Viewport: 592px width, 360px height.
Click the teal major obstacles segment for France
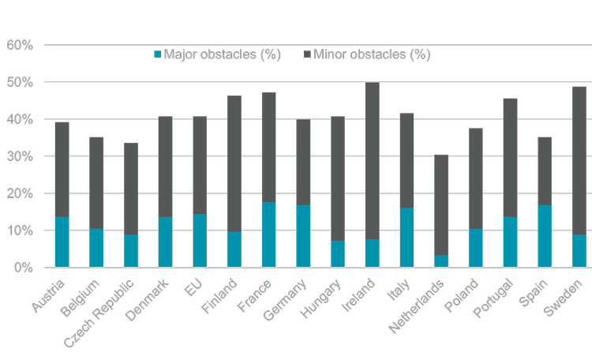(268, 235)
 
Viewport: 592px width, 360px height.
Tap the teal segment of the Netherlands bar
(441, 261)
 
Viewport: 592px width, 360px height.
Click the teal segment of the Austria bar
(62, 242)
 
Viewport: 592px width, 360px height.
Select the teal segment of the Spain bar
(545, 236)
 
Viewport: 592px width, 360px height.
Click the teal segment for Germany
(303, 236)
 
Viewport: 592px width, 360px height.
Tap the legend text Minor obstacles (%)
(372, 54)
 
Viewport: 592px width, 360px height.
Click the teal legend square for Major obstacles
(157, 54)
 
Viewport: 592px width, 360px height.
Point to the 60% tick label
(20, 46)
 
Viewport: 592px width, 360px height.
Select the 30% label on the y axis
(20, 157)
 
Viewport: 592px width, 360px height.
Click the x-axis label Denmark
(155, 299)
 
